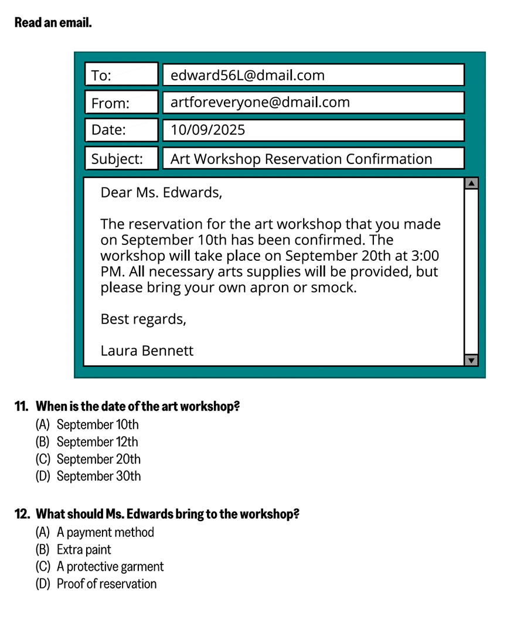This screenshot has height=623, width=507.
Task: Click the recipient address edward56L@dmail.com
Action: coord(247,75)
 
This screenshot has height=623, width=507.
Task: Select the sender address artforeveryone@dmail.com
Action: coord(260,103)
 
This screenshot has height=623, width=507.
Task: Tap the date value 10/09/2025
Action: coord(207,130)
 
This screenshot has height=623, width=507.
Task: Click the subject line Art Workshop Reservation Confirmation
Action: coord(301,159)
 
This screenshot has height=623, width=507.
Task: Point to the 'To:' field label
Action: coord(101,76)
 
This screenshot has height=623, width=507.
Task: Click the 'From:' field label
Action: coord(110,104)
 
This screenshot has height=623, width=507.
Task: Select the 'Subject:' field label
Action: coord(117,159)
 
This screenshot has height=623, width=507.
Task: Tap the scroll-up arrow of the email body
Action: coord(471,183)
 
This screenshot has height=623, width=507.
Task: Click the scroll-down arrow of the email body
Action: coord(471,360)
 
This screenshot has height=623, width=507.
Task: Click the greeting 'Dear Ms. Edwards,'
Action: coord(161,192)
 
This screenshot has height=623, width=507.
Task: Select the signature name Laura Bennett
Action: coord(147,350)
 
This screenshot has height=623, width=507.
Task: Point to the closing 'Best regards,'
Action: coord(143,319)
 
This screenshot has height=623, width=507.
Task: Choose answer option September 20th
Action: coord(98,459)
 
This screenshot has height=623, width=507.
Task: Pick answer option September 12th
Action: coord(97,442)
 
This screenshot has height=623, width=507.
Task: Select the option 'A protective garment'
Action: coord(110,567)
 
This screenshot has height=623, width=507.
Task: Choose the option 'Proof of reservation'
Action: coord(106,584)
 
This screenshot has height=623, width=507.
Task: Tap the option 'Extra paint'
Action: coord(84,550)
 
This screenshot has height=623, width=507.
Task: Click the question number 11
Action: coord(21,407)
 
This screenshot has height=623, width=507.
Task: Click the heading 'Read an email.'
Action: coord(53,23)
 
